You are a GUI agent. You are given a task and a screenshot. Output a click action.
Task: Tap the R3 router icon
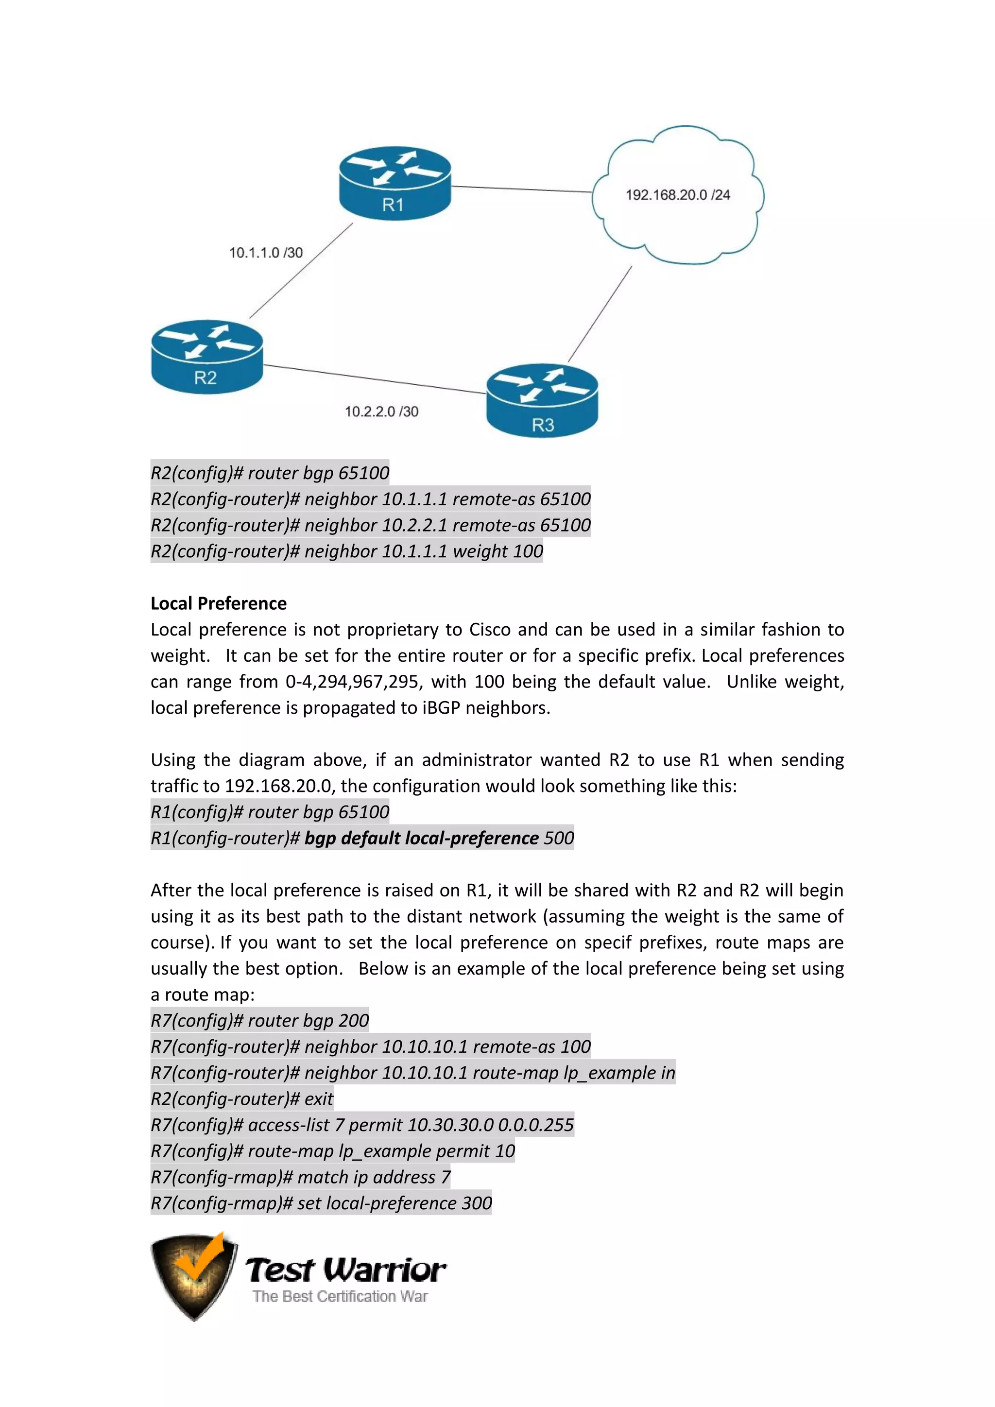[542, 401]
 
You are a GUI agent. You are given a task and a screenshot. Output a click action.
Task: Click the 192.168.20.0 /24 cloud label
[678, 195]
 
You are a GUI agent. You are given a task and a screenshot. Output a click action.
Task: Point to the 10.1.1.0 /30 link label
[266, 253]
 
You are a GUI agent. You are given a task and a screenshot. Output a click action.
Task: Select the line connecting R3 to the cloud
[600, 314]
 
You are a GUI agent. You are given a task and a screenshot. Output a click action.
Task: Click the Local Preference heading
[219, 603]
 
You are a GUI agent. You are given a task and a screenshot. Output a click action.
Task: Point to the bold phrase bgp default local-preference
[422, 838]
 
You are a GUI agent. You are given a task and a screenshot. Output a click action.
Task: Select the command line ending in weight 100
[347, 551]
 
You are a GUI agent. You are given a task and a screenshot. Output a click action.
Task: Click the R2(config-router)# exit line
[242, 1099]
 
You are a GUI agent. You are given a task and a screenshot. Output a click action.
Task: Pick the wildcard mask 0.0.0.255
[535, 1125]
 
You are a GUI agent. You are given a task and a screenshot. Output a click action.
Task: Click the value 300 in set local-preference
[477, 1203]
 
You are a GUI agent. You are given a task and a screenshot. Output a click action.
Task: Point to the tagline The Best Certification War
[340, 1297]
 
